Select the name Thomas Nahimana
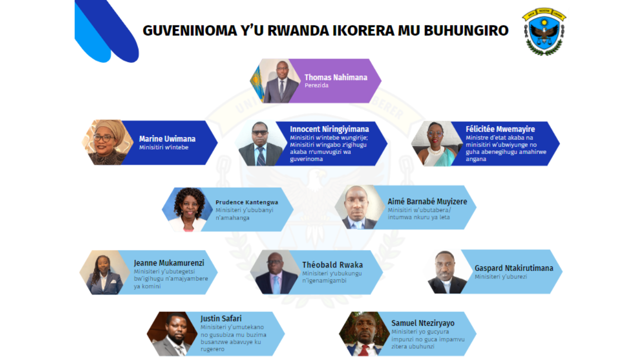point(335,77)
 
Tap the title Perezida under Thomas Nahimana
point(316,85)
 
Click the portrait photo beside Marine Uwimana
point(108,142)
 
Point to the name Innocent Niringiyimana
point(329,129)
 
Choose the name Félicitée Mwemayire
point(500,129)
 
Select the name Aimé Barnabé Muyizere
point(427,201)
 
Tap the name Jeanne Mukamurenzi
point(169,263)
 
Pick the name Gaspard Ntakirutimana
point(514,268)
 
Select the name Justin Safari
point(221,318)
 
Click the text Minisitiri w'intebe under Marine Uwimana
point(163,147)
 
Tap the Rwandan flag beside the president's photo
point(257,80)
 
